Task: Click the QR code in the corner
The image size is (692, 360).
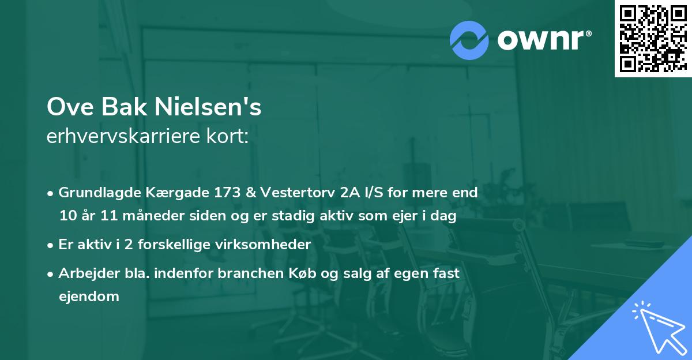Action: coord(653,39)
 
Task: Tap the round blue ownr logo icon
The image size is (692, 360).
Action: coord(469,40)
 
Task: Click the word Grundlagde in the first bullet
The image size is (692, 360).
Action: coord(94,193)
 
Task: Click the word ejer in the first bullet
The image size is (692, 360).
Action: coord(407,216)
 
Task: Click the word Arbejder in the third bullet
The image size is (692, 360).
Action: coord(87,273)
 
